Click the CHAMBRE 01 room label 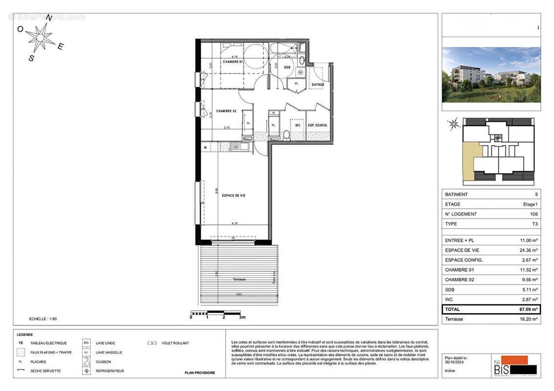[233, 62]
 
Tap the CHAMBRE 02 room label [227, 111]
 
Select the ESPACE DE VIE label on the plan [233, 195]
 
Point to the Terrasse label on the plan [239, 279]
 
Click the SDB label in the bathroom [287, 67]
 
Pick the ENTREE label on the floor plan [318, 85]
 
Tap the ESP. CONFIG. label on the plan [318, 125]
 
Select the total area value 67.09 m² [528, 309]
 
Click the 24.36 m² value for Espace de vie [528, 250]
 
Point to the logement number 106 [533, 214]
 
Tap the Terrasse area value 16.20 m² [528, 319]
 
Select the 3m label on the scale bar [242, 317]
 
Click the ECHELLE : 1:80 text [43, 319]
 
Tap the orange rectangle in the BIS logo [512, 360]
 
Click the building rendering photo [491, 75]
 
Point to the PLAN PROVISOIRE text [200, 373]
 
